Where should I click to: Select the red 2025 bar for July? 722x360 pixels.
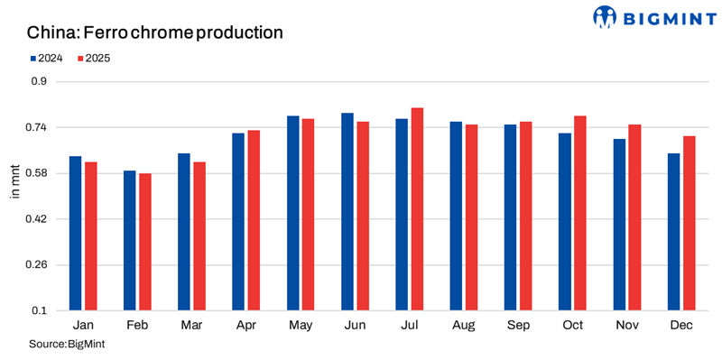click(x=417, y=209)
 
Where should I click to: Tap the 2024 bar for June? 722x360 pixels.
click(x=347, y=212)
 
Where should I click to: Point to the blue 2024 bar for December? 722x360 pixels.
click(x=673, y=232)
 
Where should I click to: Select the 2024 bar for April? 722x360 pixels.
click(x=238, y=222)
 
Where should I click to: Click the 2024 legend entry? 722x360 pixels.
click(x=44, y=58)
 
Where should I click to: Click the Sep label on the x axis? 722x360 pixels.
click(x=518, y=326)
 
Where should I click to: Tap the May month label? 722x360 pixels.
click(x=301, y=326)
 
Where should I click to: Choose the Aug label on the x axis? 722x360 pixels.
click(x=463, y=326)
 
